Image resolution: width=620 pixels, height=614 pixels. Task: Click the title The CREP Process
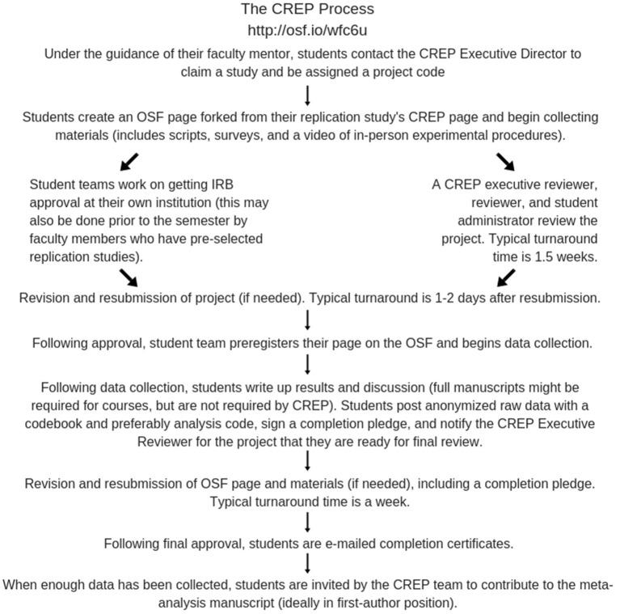pos(307,10)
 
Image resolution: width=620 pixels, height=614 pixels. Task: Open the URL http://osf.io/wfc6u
pos(307,31)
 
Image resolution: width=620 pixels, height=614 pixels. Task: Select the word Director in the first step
pos(544,53)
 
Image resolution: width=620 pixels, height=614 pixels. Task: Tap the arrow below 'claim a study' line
pos(307,95)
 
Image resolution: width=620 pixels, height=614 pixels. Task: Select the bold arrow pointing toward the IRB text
pos(129,162)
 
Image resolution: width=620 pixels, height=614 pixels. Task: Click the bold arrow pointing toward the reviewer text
pos(505,162)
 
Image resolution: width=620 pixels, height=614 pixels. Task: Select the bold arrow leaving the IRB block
pos(129,277)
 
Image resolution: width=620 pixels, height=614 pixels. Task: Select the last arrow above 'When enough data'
pos(307,563)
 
